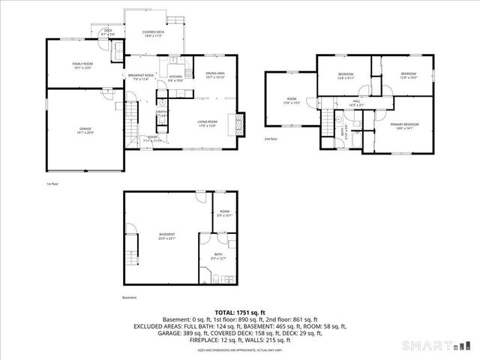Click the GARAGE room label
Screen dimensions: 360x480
click(85, 131)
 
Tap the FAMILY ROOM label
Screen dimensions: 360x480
click(81, 65)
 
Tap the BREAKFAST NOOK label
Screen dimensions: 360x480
click(140, 76)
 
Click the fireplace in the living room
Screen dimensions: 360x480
click(241, 122)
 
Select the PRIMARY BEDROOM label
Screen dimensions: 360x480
click(403, 125)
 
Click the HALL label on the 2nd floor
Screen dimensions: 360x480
click(357, 103)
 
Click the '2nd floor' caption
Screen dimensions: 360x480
click(270, 139)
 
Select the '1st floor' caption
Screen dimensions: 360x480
click(52, 182)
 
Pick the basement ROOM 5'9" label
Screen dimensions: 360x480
click(224, 214)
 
